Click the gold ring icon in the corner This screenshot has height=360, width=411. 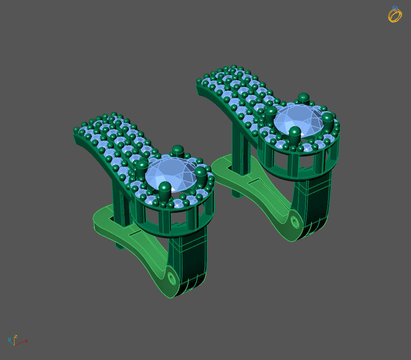pyautogui.click(x=395, y=14)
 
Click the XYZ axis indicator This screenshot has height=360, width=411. pyautogui.click(x=16, y=341)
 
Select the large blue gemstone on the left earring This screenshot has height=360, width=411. pyautogui.click(x=171, y=175)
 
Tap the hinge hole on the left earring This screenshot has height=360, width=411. pyautogui.click(x=172, y=278)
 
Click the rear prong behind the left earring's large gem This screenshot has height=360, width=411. pyautogui.click(x=178, y=151)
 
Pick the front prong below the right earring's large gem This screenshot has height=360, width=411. pyautogui.click(x=294, y=135)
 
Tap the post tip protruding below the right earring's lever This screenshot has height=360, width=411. pyautogui.click(x=236, y=194)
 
